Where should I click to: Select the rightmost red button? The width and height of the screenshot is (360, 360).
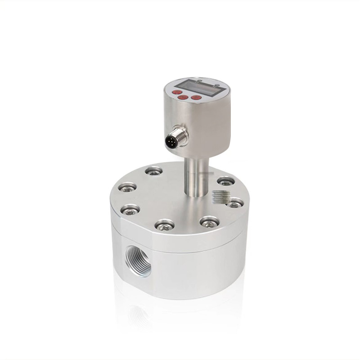[196, 97]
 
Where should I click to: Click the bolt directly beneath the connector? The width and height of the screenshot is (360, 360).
[154, 171]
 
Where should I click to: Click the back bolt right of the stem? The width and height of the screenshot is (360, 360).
[225, 181]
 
